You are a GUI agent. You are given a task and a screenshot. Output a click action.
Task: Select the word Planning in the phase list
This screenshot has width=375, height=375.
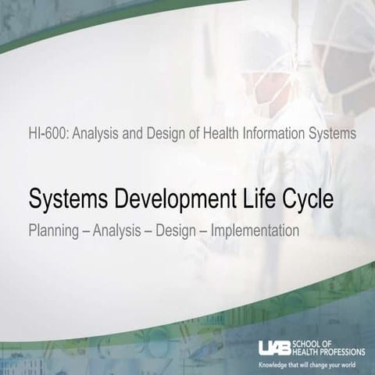pos(52,231)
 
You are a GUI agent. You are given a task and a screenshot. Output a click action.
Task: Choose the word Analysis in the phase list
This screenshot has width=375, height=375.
pos(115,231)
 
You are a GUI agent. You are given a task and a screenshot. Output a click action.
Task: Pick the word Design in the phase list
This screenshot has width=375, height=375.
pos(176,231)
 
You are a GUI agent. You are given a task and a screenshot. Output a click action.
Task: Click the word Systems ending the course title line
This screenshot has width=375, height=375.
pos(332,134)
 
